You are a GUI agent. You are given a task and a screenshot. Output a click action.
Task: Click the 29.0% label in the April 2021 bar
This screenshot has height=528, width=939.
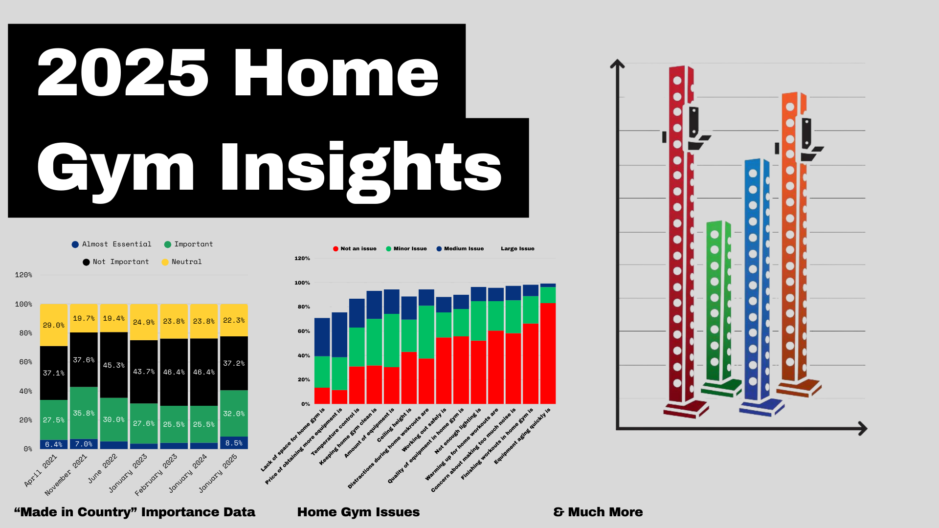click(54, 325)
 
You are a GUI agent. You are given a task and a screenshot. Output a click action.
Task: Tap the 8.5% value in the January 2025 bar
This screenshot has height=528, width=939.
click(234, 443)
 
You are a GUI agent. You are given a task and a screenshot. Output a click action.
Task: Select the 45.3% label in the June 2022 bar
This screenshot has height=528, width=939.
click(114, 365)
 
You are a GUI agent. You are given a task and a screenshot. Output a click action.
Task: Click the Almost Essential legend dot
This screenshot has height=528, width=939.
click(75, 244)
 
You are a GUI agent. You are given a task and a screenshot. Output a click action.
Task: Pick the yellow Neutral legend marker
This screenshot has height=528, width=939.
click(165, 262)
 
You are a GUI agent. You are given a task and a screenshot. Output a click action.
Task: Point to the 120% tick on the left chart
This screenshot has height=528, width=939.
click(23, 275)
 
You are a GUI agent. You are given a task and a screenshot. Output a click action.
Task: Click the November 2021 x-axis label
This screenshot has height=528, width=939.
click(66, 475)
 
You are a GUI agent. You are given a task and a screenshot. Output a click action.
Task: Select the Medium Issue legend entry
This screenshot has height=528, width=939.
click(460, 248)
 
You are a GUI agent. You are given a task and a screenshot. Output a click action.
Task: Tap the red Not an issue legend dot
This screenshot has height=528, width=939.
click(335, 249)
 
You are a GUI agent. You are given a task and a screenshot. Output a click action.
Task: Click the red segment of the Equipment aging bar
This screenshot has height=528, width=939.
click(548, 353)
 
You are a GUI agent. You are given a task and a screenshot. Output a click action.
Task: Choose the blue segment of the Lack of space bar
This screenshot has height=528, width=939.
click(322, 337)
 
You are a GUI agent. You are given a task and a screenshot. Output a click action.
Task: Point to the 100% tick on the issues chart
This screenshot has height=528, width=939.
click(302, 283)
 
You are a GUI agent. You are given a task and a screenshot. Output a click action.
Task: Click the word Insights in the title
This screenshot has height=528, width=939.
click(360, 169)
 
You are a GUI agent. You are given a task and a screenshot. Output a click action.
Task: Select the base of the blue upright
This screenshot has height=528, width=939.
click(761, 408)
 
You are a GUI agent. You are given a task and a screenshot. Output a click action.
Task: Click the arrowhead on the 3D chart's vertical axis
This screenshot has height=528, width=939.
click(617, 64)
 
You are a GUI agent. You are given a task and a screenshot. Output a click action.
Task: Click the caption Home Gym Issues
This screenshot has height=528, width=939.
click(358, 512)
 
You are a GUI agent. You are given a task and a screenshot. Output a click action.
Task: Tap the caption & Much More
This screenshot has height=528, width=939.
click(598, 512)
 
